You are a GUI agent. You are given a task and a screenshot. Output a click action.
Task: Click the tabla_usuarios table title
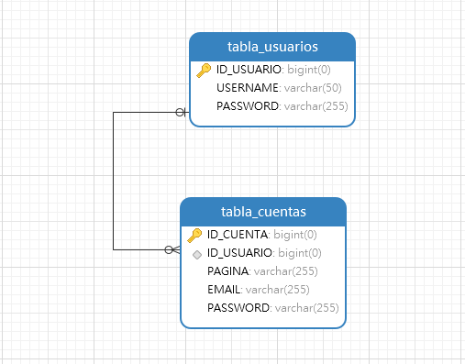pos(271,47)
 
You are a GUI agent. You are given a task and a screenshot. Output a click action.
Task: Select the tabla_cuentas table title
pos(262,212)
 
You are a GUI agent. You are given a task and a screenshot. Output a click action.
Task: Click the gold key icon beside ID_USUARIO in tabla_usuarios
pos(204,70)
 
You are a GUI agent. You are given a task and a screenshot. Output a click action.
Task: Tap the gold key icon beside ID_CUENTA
pos(194,235)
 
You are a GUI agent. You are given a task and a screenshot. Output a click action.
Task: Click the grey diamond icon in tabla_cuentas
pos(196,253)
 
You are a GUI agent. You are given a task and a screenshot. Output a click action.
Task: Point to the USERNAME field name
pos(248,88)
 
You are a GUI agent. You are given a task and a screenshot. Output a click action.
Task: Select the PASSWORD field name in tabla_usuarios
pos(248,106)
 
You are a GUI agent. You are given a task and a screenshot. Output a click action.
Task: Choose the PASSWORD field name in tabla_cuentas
pos(238,307)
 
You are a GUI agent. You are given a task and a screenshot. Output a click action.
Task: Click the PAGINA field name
pos(228,270)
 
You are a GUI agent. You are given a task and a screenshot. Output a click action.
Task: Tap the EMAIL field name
pos(225,289)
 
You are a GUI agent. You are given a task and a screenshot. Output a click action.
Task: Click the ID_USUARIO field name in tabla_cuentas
pos(239,252)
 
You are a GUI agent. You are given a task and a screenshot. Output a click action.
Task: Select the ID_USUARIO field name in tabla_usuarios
pos(249,70)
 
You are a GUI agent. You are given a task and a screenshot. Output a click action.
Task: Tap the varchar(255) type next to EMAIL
pos(279,289)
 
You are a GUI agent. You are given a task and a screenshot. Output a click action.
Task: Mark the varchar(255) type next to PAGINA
pos(286,270)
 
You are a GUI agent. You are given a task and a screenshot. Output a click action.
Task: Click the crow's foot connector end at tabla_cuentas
pos(172,249)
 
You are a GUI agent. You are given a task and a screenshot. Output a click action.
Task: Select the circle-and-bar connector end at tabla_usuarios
pos(181,112)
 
